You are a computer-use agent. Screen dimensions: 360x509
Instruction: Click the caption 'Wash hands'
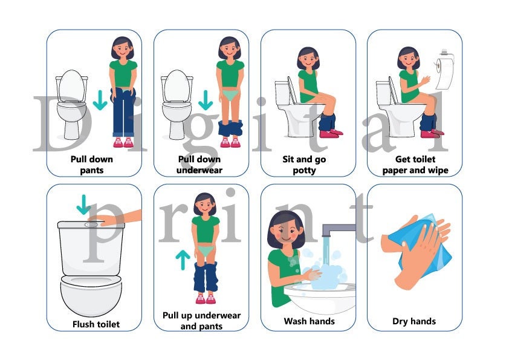(x=310, y=321)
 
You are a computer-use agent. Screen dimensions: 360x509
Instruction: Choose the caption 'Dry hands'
(x=414, y=321)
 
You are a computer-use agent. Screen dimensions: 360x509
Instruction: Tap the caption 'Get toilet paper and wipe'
(x=415, y=165)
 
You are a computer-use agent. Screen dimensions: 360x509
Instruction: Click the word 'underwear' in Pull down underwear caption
(x=199, y=170)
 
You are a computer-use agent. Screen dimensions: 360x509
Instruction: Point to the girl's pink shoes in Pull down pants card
(x=123, y=143)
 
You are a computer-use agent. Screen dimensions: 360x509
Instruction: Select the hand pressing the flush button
(x=118, y=219)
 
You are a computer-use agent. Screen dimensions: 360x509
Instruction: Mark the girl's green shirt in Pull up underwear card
(x=206, y=229)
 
